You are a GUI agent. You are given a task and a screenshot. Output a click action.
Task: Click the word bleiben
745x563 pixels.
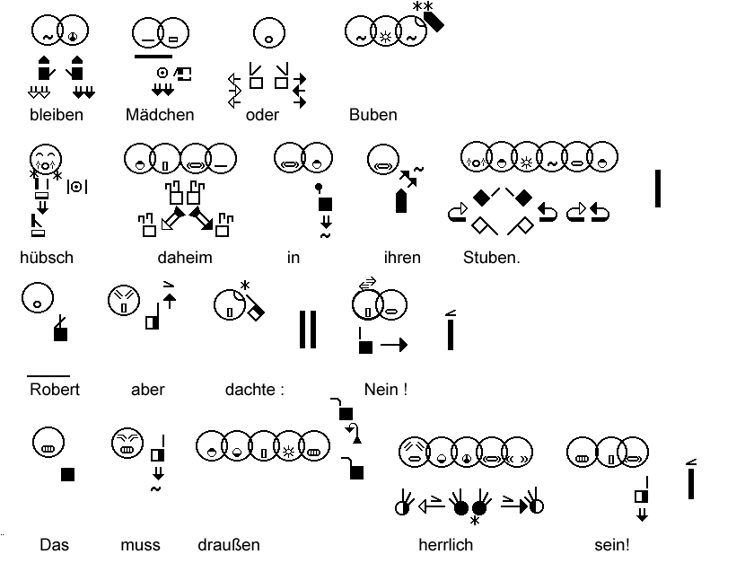tap(56, 115)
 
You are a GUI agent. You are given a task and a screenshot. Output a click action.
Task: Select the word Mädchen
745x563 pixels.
tap(160, 115)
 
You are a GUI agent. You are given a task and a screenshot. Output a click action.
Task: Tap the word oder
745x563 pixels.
tap(262, 115)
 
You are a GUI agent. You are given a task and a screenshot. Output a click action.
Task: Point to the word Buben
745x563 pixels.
tap(372, 115)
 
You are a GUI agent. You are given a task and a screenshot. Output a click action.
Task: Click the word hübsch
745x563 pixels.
tap(47, 258)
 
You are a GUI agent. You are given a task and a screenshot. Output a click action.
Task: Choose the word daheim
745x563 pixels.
tap(185, 258)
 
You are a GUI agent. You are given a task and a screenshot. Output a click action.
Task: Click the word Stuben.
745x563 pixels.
tap(491, 258)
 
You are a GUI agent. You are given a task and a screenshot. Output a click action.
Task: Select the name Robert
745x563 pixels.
tap(55, 390)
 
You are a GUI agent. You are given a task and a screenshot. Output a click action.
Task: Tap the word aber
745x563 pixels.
tap(148, 390)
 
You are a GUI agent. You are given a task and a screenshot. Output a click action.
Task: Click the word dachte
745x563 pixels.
tap(250, 390)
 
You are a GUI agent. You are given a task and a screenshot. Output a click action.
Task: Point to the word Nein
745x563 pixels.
tap(382, 390)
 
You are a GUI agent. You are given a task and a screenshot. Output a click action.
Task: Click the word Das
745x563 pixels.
tap(54, 545)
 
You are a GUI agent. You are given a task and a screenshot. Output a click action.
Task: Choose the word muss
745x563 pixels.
tap(141, 545)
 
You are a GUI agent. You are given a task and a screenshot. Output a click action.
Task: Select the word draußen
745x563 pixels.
tap(229, 545)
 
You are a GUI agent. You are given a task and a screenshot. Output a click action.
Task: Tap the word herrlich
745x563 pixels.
tap(445, 545)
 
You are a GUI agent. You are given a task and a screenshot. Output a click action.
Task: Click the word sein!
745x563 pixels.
tap(611, 545)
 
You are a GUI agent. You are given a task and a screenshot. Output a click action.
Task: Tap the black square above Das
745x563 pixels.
tap(67, 474)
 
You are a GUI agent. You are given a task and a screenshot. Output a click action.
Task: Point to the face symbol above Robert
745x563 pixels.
tap(37, 298)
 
